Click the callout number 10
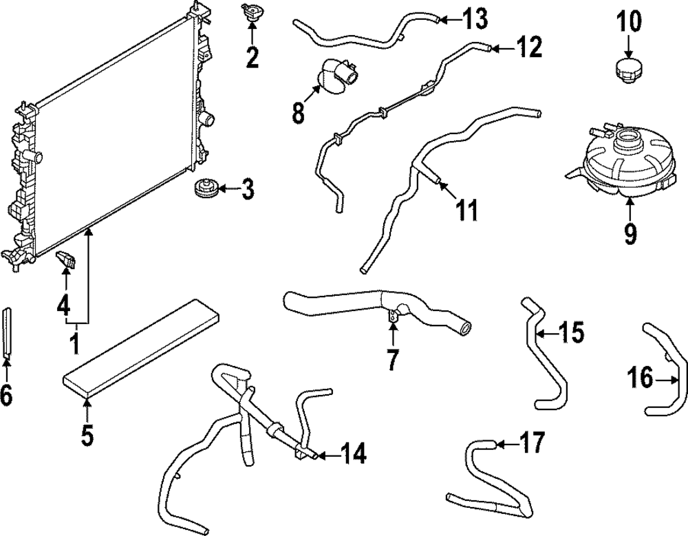(x=628, y=22)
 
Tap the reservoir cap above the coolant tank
(x=627, y=71)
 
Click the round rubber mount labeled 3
(x=204, y=188)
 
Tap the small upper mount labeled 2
(x=251, y=13)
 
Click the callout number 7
(x=392, y=360)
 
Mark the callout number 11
(x=467, y=210)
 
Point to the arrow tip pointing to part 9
(x=630, y=200)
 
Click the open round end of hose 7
(x=466, y=330)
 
